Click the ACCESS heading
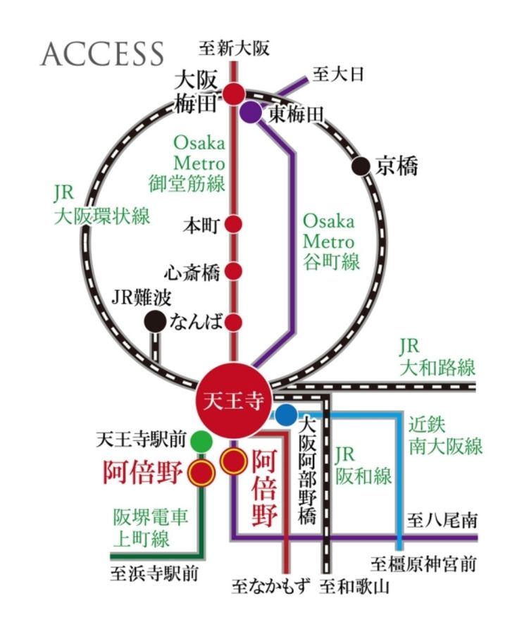(102, 54)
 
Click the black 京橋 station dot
(361, 166)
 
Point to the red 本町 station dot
(234, 225)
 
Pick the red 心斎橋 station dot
(234, 271)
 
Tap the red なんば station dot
(234, 323)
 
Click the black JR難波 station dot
(154, 322)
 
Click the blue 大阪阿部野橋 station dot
(286, 416)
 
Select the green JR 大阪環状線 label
(102, 204)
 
